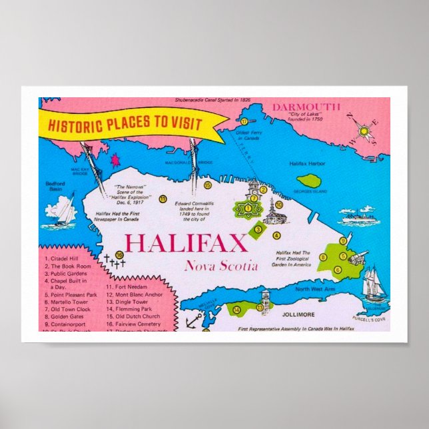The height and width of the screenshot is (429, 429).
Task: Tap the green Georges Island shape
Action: [x=309, y=181]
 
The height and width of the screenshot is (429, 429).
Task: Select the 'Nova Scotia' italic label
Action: [x=221, y=266]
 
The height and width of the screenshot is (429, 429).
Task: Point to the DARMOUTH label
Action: [x=306, y=107]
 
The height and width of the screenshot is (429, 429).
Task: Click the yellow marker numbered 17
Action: [x=244, y=122]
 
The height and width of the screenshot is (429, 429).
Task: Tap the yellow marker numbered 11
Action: [x=163, y=199]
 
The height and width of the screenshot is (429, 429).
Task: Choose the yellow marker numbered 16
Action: [x=119, y=254]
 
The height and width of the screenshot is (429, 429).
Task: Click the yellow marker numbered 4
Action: [x=276, y=235]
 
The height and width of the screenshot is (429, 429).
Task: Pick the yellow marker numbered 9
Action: [x=342, y=241]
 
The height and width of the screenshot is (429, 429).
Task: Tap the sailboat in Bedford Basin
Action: [x=65, y=210]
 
